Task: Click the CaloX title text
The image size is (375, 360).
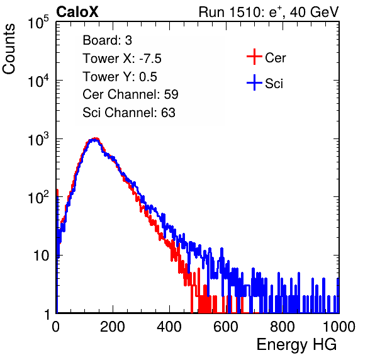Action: pos(77,12)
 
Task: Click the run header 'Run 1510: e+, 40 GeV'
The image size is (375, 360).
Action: pos(269,12)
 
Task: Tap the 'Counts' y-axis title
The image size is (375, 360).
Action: pos(9,49)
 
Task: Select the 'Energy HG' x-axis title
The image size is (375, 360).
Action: pos(296,345)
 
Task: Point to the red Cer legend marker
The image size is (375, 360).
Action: pos(254,57)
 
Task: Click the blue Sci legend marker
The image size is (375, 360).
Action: pos(254,82)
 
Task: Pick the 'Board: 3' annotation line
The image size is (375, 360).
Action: pos(107,40)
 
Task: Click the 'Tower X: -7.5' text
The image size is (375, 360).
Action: pos(122,59)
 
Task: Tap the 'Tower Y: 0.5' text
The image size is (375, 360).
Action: pos(120,77)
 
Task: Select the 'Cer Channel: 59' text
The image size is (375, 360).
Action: pos(130,94)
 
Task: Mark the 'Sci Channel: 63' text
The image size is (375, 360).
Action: pos(129,113)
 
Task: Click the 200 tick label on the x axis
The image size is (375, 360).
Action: pos(113,327)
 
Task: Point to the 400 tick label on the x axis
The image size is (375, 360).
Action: pos(169,327)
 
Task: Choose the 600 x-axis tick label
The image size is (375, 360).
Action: pos(226,327)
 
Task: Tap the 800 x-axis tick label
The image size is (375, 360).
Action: pos(283,327)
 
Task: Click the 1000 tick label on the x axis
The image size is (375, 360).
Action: pos(339,327)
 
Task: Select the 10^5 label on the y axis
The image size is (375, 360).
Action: pos(38,22)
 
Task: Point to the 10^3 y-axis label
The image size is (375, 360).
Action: pos(38,139)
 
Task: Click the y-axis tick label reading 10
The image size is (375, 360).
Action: pos(42,256)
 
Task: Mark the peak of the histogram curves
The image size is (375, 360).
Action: pos(95,138)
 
